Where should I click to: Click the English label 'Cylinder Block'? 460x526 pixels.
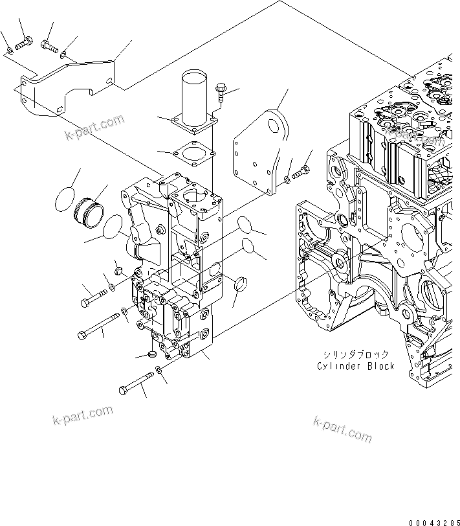click(x=355, y=366)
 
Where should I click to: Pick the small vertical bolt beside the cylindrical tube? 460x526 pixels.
click(x=221, y=91)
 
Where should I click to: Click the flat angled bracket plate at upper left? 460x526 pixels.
click(x=65, y=87)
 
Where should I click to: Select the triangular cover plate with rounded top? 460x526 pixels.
click(x=260, y=155)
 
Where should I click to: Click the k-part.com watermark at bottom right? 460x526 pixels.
click(x=342, y=429)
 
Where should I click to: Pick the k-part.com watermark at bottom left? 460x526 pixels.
click(x=82, y=416)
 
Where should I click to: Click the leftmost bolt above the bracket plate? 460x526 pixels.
click(x=7, y=50)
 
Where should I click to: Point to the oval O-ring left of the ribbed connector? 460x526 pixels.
click(x=63, y=198)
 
